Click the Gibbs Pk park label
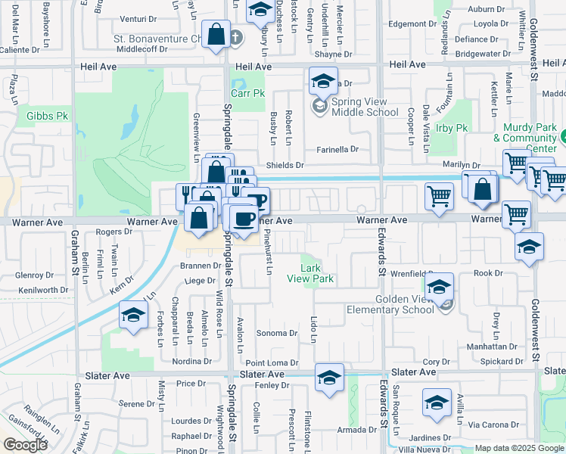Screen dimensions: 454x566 (48, 116)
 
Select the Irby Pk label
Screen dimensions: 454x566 (452, 129)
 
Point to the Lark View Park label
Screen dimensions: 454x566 (310, 273)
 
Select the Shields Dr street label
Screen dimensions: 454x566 (285, 165)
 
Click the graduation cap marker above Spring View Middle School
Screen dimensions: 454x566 (322, 80)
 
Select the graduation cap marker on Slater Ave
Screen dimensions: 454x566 (329, 378)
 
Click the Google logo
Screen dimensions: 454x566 (26, 445)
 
